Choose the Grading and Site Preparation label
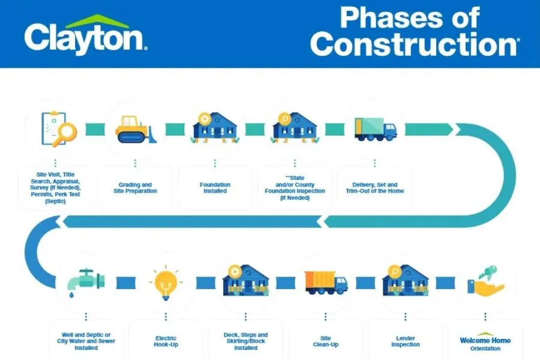pyautogui.click(x=135, y=188)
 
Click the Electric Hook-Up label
pyautogui.click(x=166, y=341)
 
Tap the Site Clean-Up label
pyautogui.click(x=326, y=341)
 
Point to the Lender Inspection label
pyautogui.click(x=406, y=341)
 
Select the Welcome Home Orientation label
pyautogui.click(x=485, y=344)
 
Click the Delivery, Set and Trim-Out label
pyautogui.click(x=375, y=188)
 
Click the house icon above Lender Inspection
pyautogui.click(x=406, y=280)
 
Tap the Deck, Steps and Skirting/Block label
pyautogui.click(x=246, y=341)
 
